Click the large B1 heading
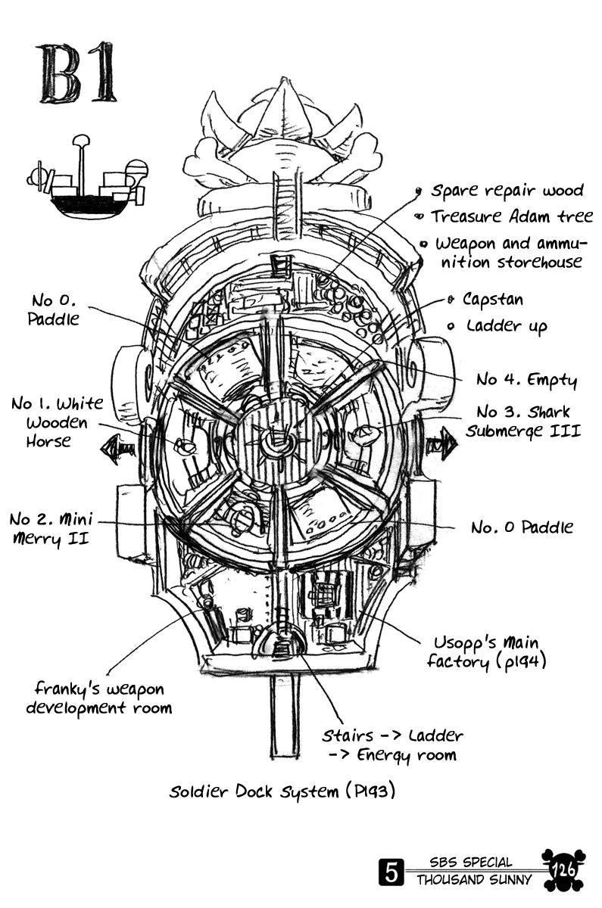tap(78, 74)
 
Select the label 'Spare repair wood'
tap(507, 191)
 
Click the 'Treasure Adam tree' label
tap(511, 216)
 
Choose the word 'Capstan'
tap(492, 300)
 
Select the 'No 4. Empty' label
tap(526, 379)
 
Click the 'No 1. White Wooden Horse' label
tap(58, 421)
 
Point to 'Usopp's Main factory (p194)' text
tap(485, 652)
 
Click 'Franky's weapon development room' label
tap(99, 698)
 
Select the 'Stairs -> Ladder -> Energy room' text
tap(392, 745)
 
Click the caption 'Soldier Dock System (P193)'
tap(282, 792)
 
